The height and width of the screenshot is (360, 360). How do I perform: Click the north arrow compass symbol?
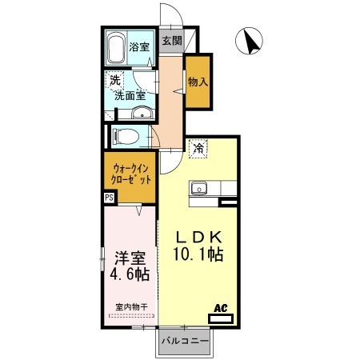pyautogui.click(x=249, y=41)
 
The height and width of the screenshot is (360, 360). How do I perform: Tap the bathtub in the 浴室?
pyautogui.click(x=116, y=48)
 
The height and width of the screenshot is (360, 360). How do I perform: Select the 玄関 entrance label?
pyautogui.click(x=172, y=41)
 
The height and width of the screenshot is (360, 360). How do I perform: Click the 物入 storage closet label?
pyautogui.click(x=198, y=82)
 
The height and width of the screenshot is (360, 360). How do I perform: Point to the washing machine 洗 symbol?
pyautogui.click(x=115, y=80)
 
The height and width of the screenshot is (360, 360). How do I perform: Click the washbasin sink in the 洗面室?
pyautogui.click(x=142, y=113)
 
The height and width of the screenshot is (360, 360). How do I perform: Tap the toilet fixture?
pyautogui.click(x=126, y=137)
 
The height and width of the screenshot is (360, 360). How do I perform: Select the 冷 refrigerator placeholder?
pyautogui.click(x=198, y=149)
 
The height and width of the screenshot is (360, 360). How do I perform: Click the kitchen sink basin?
pyautogui.click(x=199, y=188)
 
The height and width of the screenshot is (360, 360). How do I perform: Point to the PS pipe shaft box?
pyautogui.click(x=109, y=198)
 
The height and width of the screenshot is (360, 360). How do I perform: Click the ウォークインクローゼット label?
pyautogui.click(x=131, y=174)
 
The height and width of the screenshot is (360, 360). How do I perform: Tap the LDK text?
pyautogui.click(x=199, y=237)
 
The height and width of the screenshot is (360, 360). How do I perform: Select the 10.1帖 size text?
pyautogui.click(x=198, y=254)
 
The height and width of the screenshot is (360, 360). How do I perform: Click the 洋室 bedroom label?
pyautogui.click(x=130, y=258)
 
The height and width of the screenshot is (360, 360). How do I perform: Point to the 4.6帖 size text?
pyautogui.click(x=130, y=274)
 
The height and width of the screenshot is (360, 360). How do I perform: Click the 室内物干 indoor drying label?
pyautogui.click(x=131, y=307)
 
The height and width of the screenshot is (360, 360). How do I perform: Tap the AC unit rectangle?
pyautogui.click(x=221, y=318)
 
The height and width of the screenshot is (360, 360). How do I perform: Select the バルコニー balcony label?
pyautogui.click(x=185, y=341)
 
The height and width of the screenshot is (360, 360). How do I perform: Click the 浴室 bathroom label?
pyautogui.click(x=139, y=47)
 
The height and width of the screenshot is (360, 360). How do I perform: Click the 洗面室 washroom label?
pyautogui.click(x=130, y=96)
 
